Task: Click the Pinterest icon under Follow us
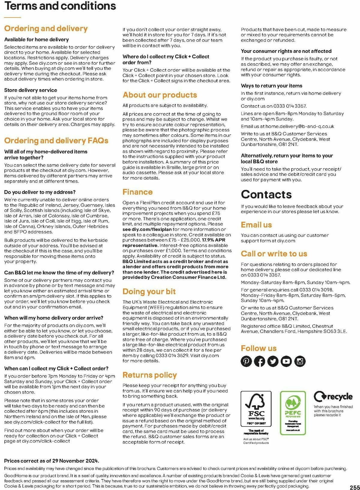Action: pyautogui.click(x=246, y=361)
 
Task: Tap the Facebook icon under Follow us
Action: pyautogui.click(x=260, y=361)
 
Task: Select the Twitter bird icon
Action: pyautogui.click(x=273, y=361)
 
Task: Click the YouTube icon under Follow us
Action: pyautogui.click(x=286, y=361)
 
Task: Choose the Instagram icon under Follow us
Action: pyautogui.click(x=300, y=361)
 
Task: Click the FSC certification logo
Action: pyautogui.click(x=256, y=409)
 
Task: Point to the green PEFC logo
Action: pyautogui.click(x=293, y=413)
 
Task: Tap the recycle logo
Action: pyautogui.click(x=333, y=396)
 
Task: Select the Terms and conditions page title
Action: pyautogui.click(x=60, y=6)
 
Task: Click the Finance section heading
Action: pyautogui.click(x=137, y=192)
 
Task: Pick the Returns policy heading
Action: pyautogui.click(x=149, y=375)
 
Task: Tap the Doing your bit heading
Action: pyautogui.click(x=149, y=291)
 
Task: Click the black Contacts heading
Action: pyautogui.click(x=266, y=194)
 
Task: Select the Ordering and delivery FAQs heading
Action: pyautogui.click(x=56, y=141)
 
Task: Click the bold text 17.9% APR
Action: pyautogui.click(x=214, y=240)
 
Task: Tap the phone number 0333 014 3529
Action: pyautogui.click(x=172, y=356)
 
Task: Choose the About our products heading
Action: pyautogui.click(x=160, y=95)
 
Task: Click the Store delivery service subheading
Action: pyautogui.click(x=31, y=90)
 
